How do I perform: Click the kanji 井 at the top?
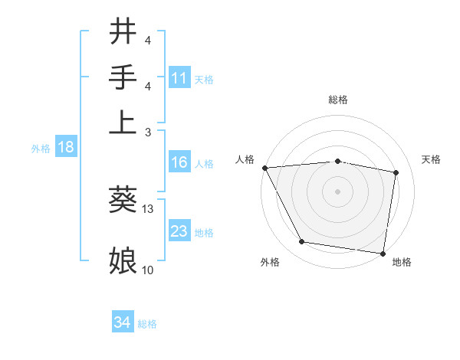click(x=123, y=32)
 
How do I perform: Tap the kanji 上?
click(x=123, y=120)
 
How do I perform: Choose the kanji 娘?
click(x=123, y=260)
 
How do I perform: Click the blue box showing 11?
click(x=179, y=77)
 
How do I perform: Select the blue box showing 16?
click(x=179, y=162)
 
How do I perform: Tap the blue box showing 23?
click(x=179, y=231)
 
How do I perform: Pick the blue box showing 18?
click(x=66, y=147)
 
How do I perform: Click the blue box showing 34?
click(x=122, y=322)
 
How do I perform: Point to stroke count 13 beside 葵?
click(x=148, y=209)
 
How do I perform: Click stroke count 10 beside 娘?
click(x=148, y=270)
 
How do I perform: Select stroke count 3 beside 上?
click(x=148, y=132)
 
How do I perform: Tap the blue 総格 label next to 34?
click(x=147, y=324)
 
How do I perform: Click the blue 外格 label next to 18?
click(x=41, y=149)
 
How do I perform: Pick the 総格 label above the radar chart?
click(x=338, y=100)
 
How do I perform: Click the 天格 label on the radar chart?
click(x=431, y=159)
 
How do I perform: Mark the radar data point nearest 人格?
click(x=264, y=168)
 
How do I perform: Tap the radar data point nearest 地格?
click(x=383, y=253)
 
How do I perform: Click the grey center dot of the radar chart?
click(x=337, y=191)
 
